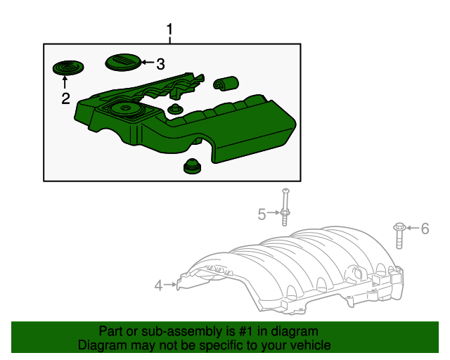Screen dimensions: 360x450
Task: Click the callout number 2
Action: (65, 98)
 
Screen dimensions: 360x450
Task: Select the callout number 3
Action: (160, 65)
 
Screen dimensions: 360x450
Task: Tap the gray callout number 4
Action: (158, 285)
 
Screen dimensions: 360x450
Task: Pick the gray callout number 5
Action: (262, 214)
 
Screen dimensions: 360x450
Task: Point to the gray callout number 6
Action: (425, 228)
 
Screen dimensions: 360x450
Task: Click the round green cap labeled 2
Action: (67, 67)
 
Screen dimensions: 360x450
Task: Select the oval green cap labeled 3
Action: (122, 63)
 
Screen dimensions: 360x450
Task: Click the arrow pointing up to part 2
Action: (65, 83)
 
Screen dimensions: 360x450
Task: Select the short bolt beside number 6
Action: (399, 235)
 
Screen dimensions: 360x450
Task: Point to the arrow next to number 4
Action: (171, 285)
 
